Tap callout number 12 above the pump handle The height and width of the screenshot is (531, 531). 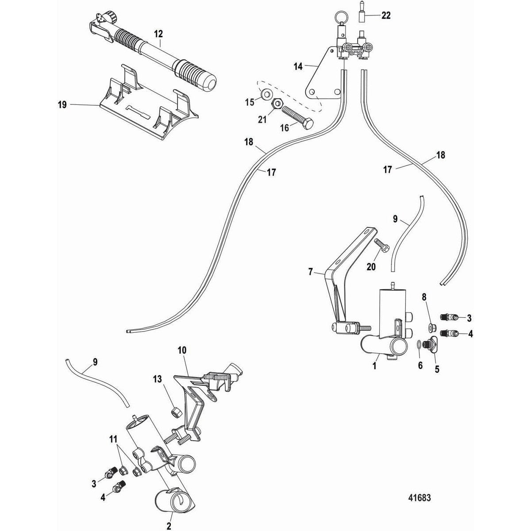tap(158, 33)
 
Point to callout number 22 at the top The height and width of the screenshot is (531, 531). tap(386, 16)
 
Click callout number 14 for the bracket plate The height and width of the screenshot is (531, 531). tap(297, 67)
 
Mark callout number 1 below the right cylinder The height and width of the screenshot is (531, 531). tap(374, 366)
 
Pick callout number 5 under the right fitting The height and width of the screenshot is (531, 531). tap(437, 366)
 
